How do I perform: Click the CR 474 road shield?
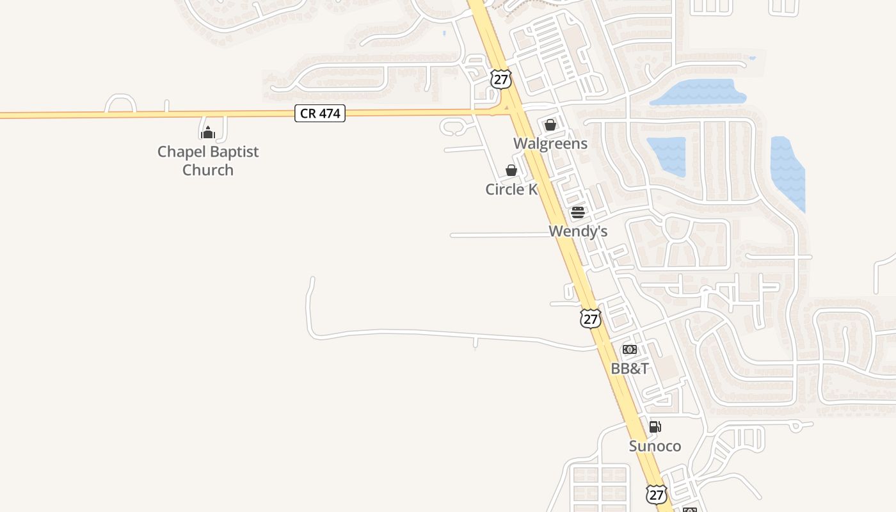pos(320,114)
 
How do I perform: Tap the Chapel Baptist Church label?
pos(208,161)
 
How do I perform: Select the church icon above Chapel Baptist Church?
pos(207,132)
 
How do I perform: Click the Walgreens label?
pos(550,143)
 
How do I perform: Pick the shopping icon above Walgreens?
pos(550,125)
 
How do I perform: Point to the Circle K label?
pos(511,189)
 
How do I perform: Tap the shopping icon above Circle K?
pos(511,170)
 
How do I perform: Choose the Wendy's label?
pos(578,231)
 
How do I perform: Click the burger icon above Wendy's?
pos(578,212)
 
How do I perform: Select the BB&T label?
pos(630,369)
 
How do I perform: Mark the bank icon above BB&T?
pos(630,349)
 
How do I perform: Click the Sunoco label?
pos(655,446)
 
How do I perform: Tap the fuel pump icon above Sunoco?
pos(655,427)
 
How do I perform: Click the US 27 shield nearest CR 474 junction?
pos(501,79)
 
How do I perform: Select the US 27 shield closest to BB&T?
pos(591,318)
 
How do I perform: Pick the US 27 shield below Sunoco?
pos(656,494)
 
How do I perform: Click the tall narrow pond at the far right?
pos(787,173)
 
